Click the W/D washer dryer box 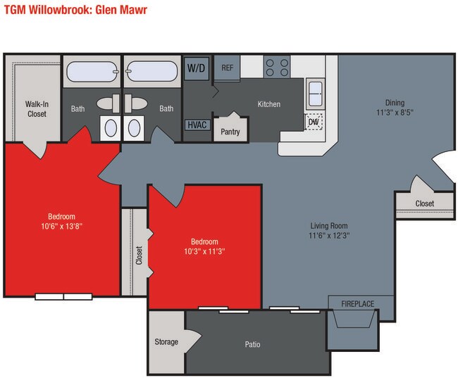(197, 68)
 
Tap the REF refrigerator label (228, 68)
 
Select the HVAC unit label (197, 125)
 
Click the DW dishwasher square (314, 122)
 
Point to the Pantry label (230, 132)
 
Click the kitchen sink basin (316, 94)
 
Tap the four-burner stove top (277, 67)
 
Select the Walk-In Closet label (37, 109)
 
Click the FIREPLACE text (357, 304)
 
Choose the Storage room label (166, 341)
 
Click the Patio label (252, 344)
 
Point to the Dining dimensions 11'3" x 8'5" (395, 113)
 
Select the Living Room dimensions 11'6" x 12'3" (329, 235)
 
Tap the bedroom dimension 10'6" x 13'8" (61, 226)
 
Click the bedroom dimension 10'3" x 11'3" (204, 251)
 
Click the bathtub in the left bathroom (92, 72)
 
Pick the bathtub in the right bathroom (151, 71)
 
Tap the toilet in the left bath (109, 103)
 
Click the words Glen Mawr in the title (121, 10)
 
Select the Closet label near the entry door (425, 203)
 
